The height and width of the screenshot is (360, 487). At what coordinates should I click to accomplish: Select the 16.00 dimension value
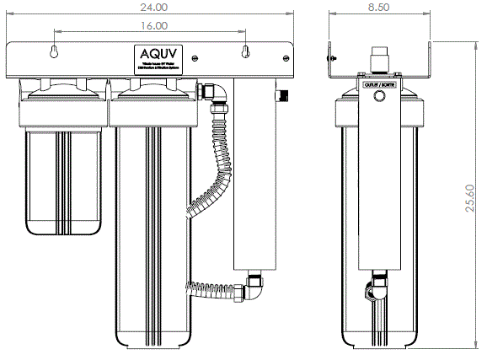tap(149, 27)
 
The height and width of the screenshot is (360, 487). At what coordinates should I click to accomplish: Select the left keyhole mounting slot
tap(54, 52)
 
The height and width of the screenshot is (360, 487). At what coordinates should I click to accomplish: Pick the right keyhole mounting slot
tap(246, 52)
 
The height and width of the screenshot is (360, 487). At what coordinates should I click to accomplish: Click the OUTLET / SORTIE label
tap(378, 85)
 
